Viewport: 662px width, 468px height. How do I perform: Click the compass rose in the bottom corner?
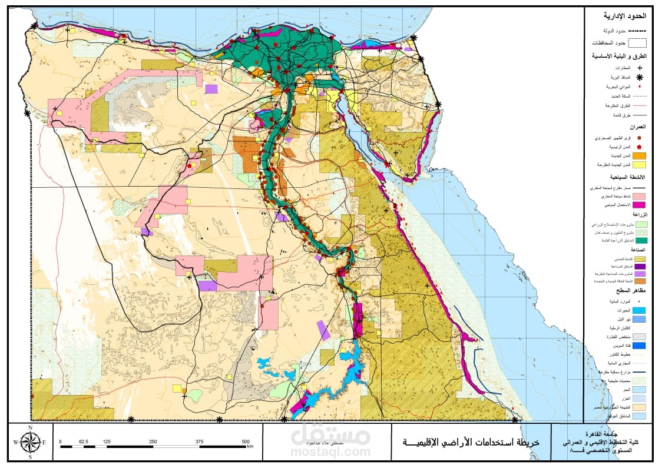[x=30, y=441]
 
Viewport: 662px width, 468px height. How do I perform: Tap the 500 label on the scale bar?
[x=246, y=441]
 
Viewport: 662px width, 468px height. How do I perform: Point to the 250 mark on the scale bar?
[x=153, y=441]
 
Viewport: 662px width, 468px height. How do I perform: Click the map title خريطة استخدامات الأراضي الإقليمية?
[x=470, y=442]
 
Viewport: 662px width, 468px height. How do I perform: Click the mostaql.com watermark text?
[x=330, y=452]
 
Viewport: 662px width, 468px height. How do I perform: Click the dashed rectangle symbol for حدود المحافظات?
[x=637, y=42]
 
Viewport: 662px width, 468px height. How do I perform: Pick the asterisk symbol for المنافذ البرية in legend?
[x=638, y=77]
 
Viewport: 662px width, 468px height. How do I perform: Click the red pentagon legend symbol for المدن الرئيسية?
[x=638, y=147]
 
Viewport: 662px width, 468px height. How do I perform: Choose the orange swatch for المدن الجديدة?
[x=638, y=155]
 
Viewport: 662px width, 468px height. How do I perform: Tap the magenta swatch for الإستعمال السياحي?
[x=638, y=204]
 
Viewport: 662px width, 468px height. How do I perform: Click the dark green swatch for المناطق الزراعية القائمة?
[x=638, y=240]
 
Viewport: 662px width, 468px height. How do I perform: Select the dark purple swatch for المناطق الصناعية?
[x=638, y=267]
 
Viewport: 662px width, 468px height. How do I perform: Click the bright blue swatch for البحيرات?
[x=638, y=310]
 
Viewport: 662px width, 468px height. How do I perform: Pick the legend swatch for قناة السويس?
[x=638, y=346]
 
